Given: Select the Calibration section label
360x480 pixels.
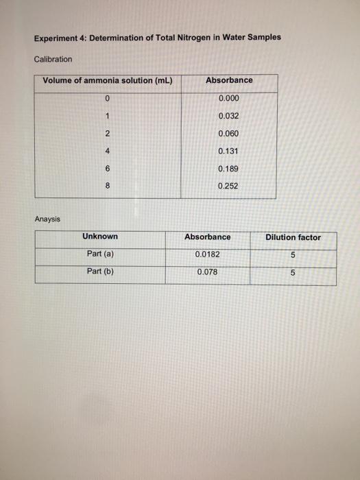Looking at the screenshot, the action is pos(53,59).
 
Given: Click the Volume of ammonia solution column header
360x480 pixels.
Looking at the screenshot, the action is pos(107,80).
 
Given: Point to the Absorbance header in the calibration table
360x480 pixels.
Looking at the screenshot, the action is pos(229,80).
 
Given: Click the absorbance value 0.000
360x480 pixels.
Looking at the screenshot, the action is pos(229,99).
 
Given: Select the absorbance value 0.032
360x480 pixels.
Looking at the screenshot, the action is pos(229,117).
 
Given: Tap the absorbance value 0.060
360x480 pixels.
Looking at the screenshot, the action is pos(229,134).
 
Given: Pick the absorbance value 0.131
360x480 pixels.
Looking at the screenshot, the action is pos(229,152).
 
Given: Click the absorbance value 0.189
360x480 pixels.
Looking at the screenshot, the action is pos(229,169).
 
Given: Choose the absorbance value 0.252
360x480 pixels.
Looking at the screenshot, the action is pos(229,186).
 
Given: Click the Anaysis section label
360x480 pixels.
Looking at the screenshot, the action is pos(47,219).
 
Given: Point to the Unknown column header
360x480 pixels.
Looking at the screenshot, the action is pos(100,237).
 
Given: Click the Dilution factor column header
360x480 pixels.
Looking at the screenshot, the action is pos(293,237).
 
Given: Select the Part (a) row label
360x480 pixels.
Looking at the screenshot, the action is pos(100,254).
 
